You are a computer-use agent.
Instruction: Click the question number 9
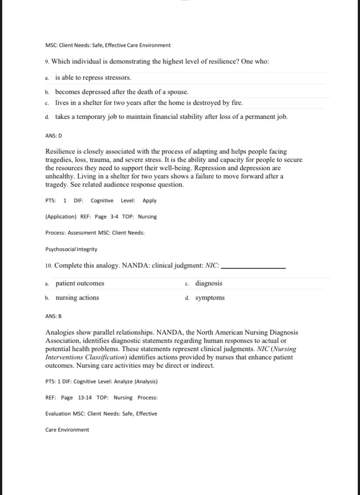click(47, 62)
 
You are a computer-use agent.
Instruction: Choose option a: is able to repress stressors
click(93, 78)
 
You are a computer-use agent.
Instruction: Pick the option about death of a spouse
click(122, 92)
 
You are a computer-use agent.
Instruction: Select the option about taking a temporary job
click(171, 117)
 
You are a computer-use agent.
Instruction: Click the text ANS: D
click(53, 136)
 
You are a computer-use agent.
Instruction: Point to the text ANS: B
click(53, 316)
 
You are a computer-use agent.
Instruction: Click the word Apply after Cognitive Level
click(150, 201)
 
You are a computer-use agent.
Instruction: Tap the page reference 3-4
click(114, 217)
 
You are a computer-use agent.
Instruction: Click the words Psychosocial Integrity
click(71, 249)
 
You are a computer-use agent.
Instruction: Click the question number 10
click(48, 265)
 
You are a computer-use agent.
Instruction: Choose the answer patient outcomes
click(80, 284)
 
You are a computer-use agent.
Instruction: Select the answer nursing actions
click(77, 298)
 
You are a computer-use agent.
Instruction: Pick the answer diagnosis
click(209, 284)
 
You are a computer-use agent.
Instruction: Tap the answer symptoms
click(210, 298)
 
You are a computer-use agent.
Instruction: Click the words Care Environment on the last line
click(67, 430)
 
